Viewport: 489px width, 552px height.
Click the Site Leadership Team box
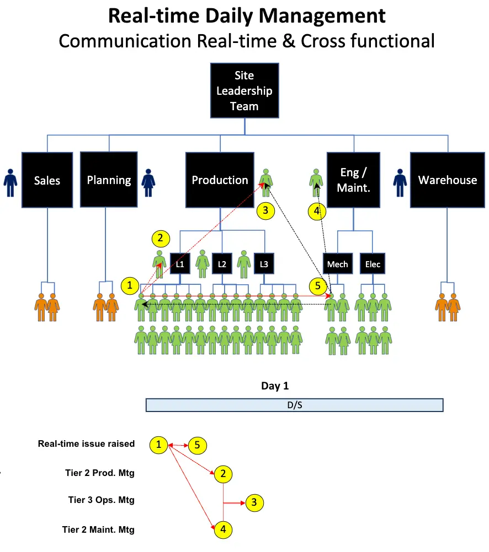(244, 90)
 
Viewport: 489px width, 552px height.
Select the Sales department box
(47, 180)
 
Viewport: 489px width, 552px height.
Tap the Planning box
(109, 180)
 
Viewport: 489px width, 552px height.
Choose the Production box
(220, 180)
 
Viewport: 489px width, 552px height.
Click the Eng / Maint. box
(353, 180)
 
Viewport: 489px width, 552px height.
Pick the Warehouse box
(447, 180)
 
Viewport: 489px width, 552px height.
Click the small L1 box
(180, 264)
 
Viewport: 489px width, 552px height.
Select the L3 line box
(264, 264)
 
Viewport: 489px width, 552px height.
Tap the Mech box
(337, 264)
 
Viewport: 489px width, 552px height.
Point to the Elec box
(373, 264)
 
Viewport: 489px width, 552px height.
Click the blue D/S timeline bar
(294, 405)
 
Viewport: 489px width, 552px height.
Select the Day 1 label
(275, 386)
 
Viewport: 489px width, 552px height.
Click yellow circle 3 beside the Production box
(265, 210)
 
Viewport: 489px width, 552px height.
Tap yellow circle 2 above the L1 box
(160, 239)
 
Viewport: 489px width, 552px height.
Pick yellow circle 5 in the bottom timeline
(197, 445)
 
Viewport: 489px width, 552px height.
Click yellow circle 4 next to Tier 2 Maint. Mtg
(223, 529)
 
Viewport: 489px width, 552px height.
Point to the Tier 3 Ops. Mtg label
(101, 500)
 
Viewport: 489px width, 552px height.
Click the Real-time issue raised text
(86, 443)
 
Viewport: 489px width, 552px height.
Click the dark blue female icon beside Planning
(148, 182)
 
